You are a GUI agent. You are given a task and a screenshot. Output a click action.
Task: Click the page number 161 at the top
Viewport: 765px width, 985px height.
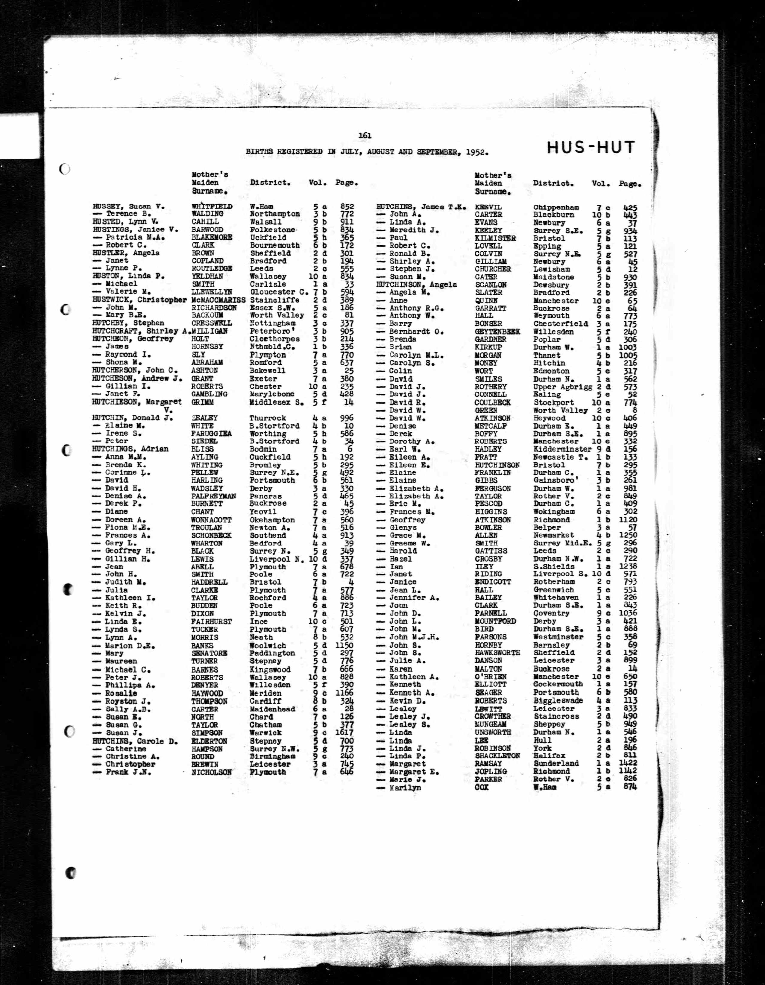(365, 135)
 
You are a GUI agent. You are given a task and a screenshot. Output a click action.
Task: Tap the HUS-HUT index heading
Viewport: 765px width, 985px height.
(591, 148)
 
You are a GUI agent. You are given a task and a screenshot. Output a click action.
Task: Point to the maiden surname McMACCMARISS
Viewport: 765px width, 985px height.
(218, 300)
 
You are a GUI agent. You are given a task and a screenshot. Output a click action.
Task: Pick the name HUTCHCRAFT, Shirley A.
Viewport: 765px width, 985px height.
(141, 331)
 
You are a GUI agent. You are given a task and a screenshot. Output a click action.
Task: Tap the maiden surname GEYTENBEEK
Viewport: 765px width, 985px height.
(497, 332)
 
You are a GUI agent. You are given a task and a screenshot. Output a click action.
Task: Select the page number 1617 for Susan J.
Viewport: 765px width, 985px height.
(344, 733)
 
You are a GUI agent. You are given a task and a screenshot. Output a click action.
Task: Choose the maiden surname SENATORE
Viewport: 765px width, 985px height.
(209, 653)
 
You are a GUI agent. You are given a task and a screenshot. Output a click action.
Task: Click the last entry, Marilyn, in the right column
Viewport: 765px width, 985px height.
(405, 788)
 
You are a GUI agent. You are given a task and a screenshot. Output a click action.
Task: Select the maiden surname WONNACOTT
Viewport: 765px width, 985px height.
(211, 520)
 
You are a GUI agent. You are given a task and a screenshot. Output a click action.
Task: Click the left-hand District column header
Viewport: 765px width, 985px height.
(270, 183)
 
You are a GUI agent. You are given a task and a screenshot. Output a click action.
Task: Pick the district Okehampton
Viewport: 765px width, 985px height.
(272, 520)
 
